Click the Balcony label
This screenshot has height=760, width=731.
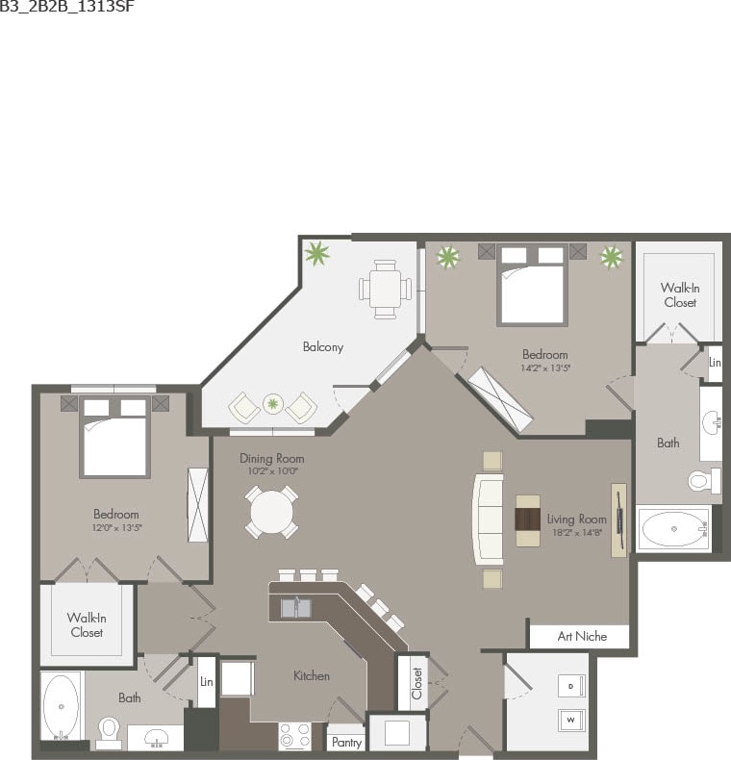(323, 347)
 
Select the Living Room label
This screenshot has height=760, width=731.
(578, 519)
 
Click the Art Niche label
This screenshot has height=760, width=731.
(580, 637)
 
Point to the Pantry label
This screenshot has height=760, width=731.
(345, 743)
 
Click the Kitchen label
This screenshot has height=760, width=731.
(312, 676)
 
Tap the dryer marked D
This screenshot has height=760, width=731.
(571, 686)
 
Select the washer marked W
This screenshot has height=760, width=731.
(571, 719)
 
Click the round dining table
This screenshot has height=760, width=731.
(270, 512)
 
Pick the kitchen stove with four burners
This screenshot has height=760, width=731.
(295, 736)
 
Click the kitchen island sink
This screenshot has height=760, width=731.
(296, 607)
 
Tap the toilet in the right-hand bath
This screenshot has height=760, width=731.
(698, 479)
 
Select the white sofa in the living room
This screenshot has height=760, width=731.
(487, 519)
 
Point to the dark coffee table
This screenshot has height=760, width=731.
(528, 519)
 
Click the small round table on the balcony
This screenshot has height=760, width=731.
(273, 404)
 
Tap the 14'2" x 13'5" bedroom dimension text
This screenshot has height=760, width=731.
(544, 367)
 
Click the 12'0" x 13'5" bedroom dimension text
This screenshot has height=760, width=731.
(116, 527)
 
